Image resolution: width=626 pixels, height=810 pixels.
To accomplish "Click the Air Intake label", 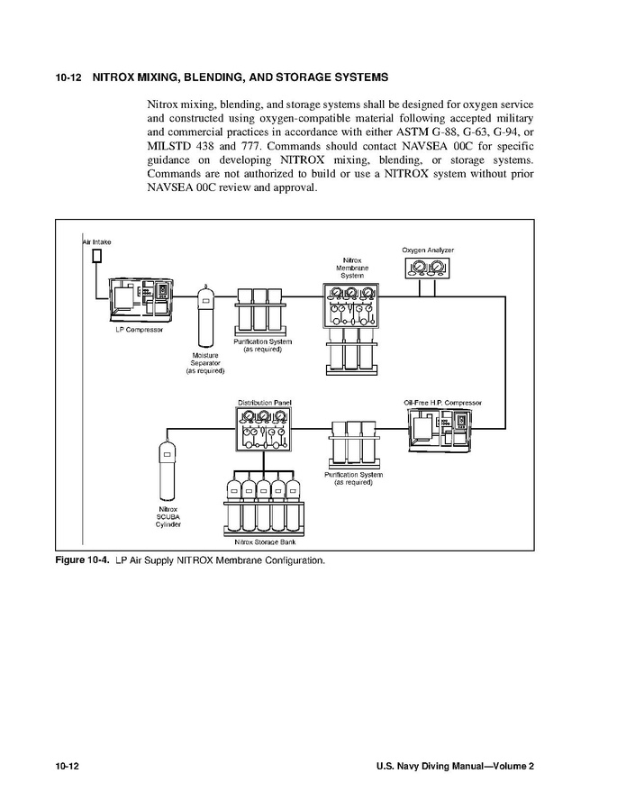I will pos(96,241).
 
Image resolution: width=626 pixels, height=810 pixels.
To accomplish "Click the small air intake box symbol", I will pos(96,256).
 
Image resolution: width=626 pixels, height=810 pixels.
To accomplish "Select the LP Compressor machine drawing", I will pos(139,300).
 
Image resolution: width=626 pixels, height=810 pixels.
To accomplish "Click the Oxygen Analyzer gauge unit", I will pos(428,268).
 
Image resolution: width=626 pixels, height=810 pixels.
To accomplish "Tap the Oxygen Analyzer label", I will pos(428,249).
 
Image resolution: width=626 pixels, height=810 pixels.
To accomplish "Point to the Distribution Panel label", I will pos(264,402).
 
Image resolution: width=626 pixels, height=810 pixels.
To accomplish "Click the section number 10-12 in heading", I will pos(68,77).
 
